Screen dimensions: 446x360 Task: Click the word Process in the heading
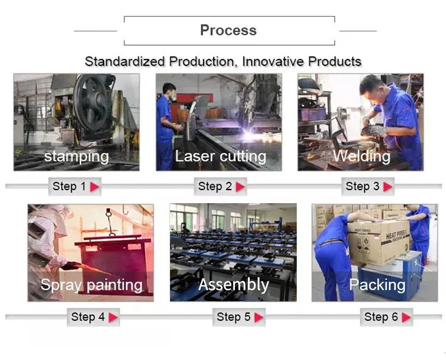(x=228, y=30)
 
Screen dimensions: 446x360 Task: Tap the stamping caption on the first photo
(x=76, y=156)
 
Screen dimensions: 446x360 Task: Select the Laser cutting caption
(x=220, y=156)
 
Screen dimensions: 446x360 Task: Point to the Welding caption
(x=361, y=156)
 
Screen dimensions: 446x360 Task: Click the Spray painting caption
(x=91, y=285)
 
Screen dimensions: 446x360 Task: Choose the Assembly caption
(x=233, y=285)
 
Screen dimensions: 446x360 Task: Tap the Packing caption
(x=377, y=285)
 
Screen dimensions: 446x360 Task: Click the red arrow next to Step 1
(x=95, y=187)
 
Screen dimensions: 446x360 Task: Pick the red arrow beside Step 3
(x=388, y=187)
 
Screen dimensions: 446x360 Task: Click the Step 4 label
(x=87, y=317)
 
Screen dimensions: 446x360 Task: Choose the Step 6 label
(x=381, y=317)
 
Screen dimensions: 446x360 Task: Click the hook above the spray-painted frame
(x=109, y=212)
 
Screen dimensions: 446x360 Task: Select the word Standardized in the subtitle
(x=125, y=61)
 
